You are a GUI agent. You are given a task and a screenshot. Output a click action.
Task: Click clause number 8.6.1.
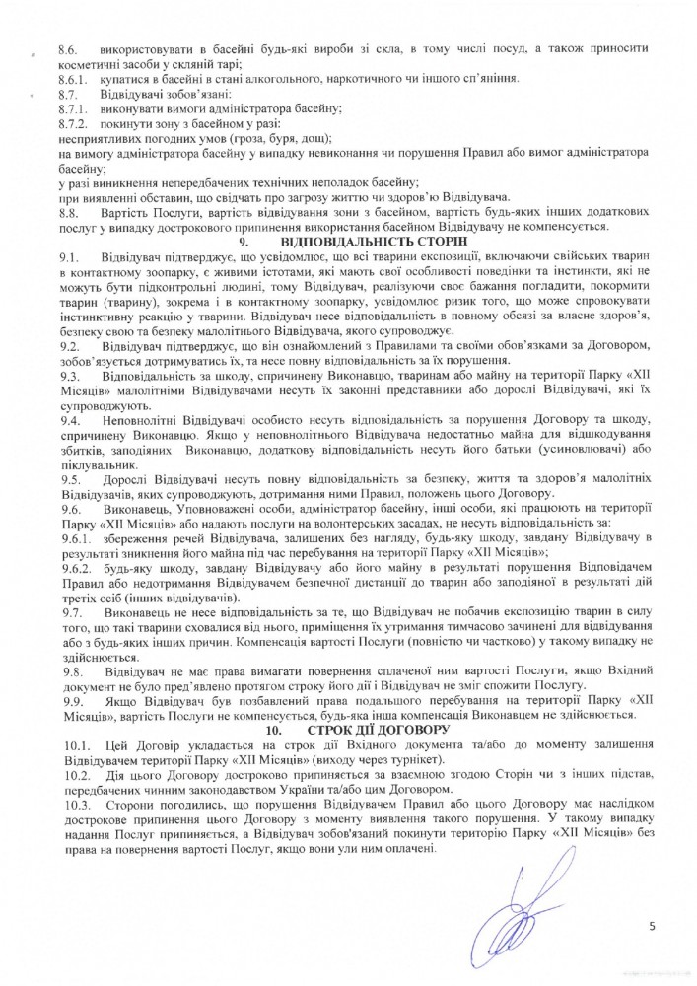74,79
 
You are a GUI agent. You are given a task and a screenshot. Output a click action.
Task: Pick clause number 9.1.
68,258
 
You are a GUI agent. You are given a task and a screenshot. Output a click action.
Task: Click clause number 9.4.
68,421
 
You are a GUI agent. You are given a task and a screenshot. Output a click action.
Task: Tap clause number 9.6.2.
74,571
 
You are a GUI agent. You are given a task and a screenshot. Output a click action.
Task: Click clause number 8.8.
68,213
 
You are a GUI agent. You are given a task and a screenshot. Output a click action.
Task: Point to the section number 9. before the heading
244,243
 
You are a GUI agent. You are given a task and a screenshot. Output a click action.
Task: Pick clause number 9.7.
68,613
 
